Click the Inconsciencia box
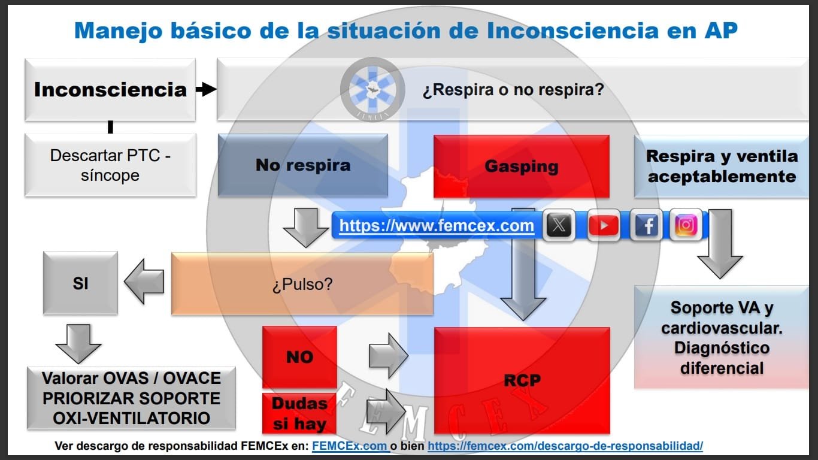(x=110, y=90)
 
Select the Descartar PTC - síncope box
(x=110, y=165)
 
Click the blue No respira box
(x=303, y=165)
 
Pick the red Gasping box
(x=521, y=167)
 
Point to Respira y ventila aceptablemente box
(x=722, y=167)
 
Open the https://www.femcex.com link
(x=437, y=226)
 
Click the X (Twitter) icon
(x=559, y=226)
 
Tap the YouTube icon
(x=603, y=226)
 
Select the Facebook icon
(x=646, y=226)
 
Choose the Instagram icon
(x=686, y=226)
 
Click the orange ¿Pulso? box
(x=302, y=284)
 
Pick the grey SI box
(x=80, y=283)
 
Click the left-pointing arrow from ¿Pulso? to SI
(x=144, y=282)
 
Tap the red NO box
(x=299, y=357)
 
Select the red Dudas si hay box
(x=299, y=414)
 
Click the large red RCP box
(x=522, y=380)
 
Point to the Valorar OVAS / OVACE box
(x=131, y=398)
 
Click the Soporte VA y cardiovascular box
(x=722, y=338)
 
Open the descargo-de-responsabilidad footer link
(x=565, y=446)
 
